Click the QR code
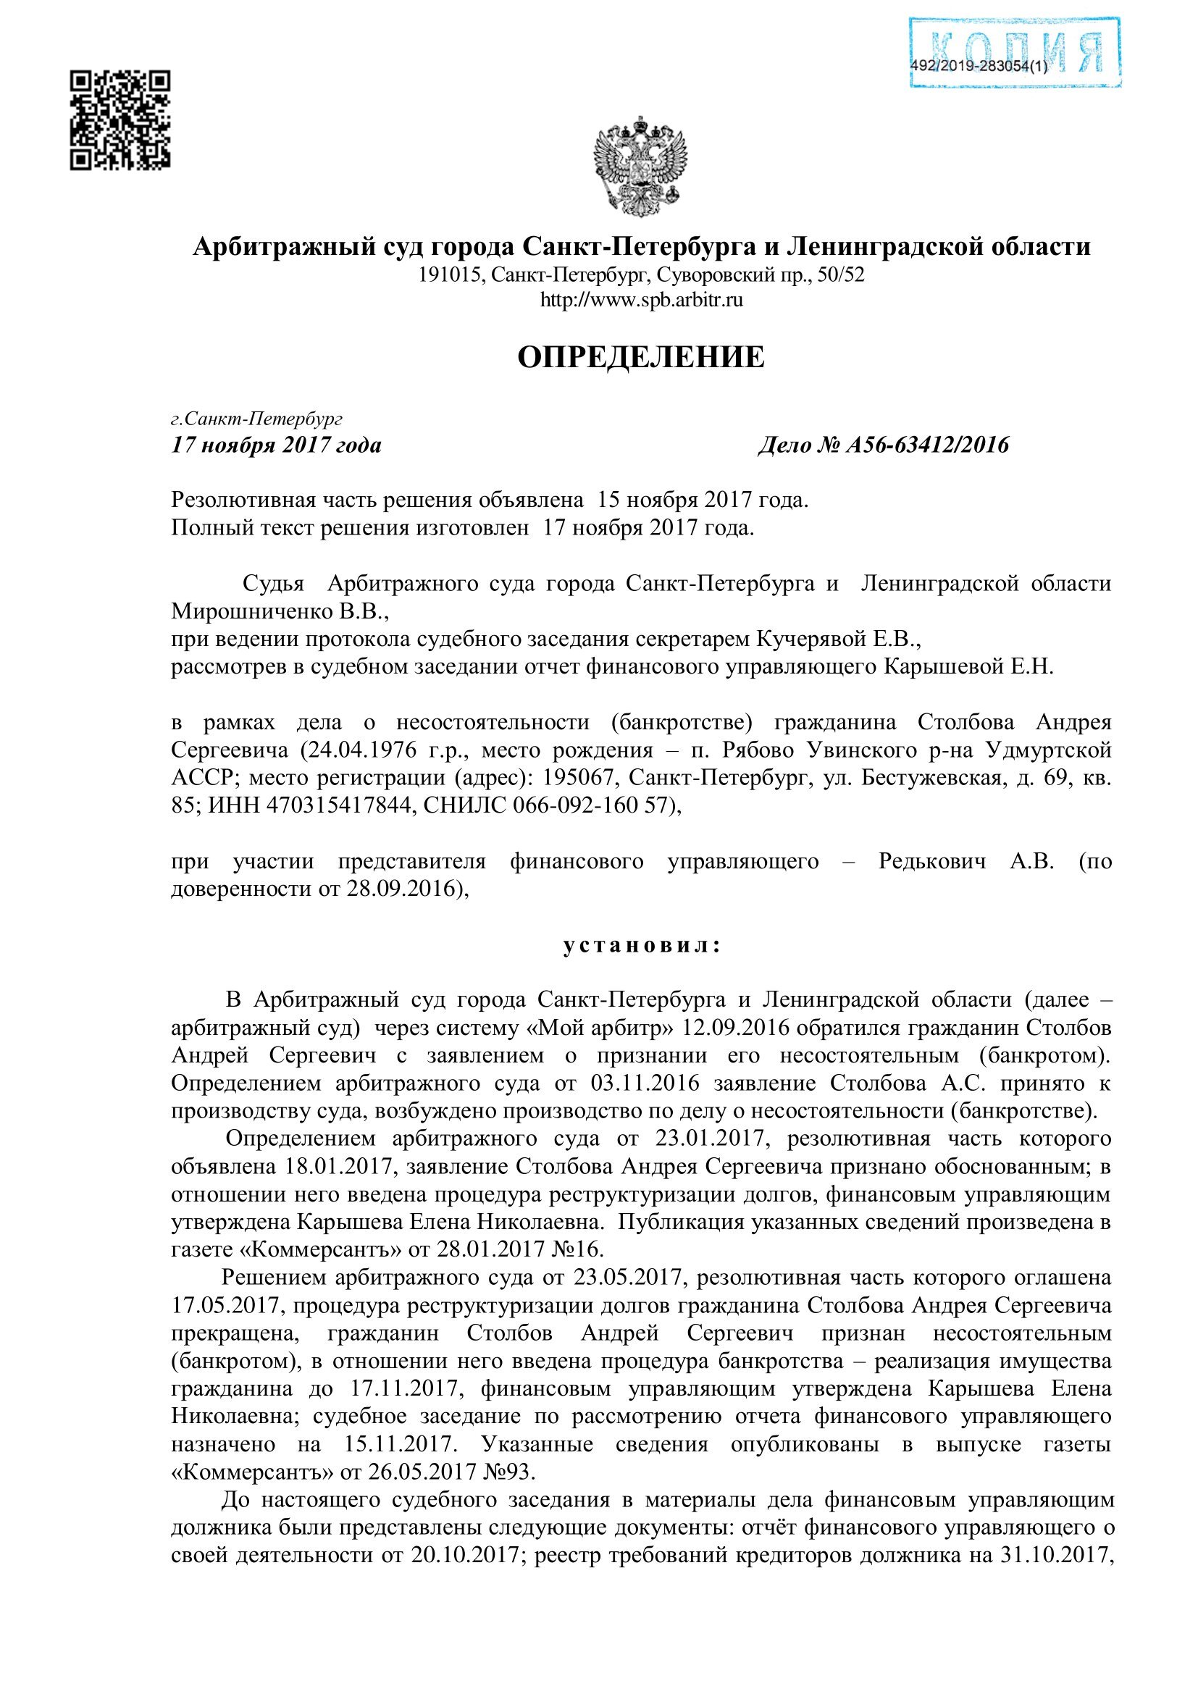coord(120,120)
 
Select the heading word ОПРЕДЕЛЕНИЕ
coord(640,357)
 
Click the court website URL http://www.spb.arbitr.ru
coord(641,301)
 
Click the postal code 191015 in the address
coord(450,275)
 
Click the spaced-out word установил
coord(640,946)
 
